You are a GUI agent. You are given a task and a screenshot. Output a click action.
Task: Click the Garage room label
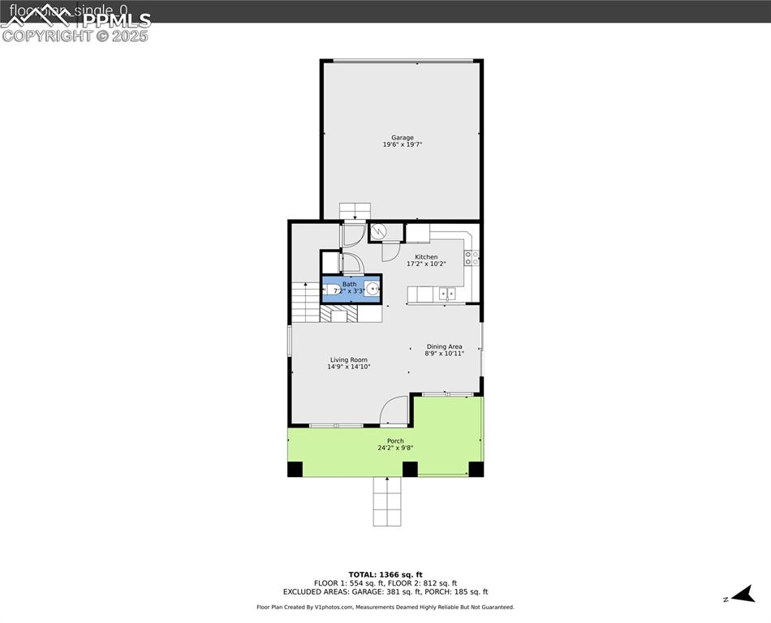point(403,138)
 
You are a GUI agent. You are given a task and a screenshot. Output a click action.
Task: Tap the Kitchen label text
point(426,257)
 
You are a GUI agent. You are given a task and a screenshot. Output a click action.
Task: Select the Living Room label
point(348,360)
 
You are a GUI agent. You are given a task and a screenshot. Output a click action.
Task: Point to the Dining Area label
point(444,346)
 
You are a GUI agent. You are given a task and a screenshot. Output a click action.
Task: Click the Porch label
point(395,441)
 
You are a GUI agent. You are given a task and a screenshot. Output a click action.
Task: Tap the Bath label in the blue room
point(349,284)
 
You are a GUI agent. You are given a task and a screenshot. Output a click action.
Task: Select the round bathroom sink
point(373,287)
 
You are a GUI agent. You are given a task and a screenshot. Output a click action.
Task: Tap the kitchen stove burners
point(472,259)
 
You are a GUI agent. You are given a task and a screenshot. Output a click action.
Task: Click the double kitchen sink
point(446,294)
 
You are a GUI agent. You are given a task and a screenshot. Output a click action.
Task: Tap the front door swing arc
point(394,410)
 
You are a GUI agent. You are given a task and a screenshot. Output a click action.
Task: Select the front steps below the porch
point(387,501)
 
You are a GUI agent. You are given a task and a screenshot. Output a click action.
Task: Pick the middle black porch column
point(410,469)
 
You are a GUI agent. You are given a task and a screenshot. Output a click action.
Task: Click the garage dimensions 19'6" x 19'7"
point(403,144)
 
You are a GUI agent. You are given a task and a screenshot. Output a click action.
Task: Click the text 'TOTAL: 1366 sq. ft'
point(385,574)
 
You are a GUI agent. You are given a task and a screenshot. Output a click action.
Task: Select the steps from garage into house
point(354,210)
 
